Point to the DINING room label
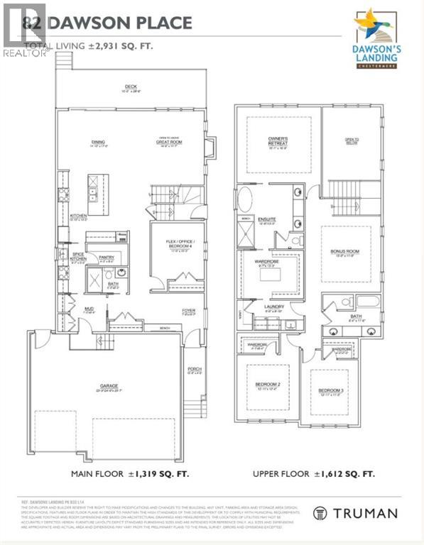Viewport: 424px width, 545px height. click(98, 143)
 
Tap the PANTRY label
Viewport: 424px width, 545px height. click(107, 257)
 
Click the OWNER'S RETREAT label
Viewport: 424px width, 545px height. click(277, 140)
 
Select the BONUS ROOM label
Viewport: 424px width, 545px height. click(345, 252)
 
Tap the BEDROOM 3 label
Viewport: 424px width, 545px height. click(330, 391)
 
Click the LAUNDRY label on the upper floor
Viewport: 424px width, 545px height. click(273, 307)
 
